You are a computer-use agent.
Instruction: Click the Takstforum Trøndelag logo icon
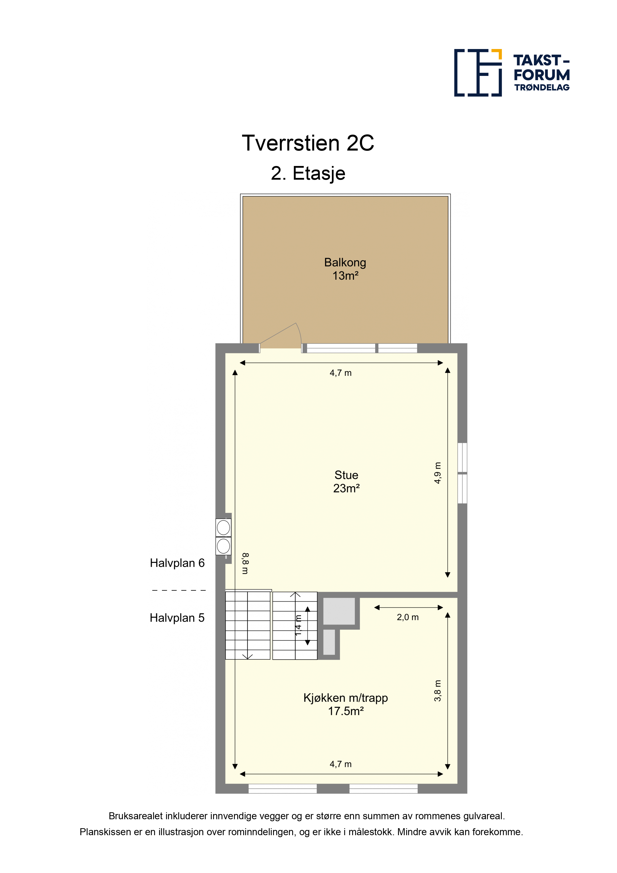478,73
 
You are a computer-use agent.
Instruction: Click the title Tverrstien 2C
308,143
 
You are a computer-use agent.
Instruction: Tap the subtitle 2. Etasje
308,173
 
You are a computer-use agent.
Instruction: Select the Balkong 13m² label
345,269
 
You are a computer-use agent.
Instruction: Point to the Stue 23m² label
346,481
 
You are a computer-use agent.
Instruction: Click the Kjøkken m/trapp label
346,698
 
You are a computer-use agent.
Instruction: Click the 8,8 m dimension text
245,563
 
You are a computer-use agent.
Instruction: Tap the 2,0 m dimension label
408,617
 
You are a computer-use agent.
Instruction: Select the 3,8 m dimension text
438,691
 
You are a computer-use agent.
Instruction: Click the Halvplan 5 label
177,618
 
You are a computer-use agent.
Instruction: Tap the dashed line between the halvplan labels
179,591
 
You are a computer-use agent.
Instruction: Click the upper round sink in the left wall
223,528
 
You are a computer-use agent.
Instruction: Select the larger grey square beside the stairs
339,611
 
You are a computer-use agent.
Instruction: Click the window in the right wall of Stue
462,473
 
